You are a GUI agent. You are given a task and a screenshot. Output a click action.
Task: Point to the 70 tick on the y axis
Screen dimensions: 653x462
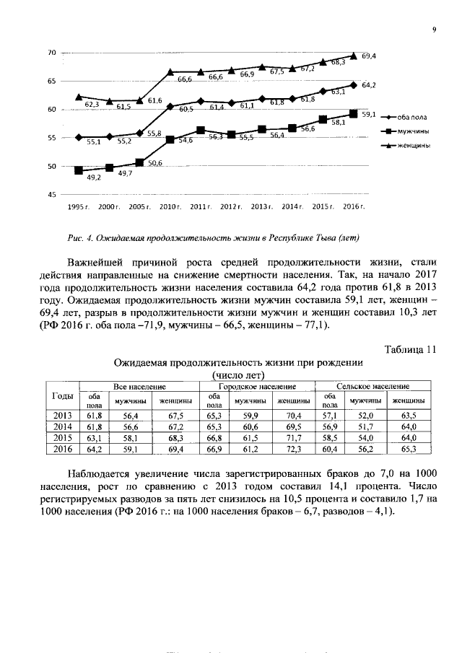click(51, 53)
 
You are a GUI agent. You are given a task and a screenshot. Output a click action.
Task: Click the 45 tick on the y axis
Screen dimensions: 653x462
click(51, 195)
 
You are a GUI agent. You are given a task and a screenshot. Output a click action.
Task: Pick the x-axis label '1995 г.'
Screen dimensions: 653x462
click(78, 207)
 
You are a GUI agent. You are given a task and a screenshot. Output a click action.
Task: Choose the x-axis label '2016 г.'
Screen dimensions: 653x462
click(353, 207)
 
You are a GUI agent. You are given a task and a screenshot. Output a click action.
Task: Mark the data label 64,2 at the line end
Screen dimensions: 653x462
click(369, 85)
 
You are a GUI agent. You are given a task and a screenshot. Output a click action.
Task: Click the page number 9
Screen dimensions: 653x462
click(434, 30)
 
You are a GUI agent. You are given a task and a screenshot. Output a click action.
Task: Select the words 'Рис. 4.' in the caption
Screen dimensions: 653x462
click(77, 237)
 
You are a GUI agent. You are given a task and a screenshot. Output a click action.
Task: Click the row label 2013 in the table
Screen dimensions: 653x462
click(63, 415)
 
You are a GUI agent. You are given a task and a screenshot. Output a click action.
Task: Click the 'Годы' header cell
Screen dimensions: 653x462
click(63, 396)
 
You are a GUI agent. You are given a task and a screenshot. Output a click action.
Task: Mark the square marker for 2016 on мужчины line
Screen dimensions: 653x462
click(353, 113)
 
